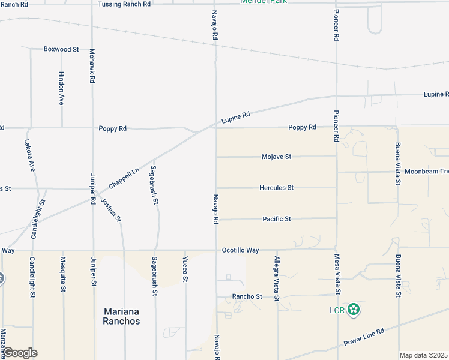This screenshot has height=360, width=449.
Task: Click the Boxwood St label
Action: click(x=61, y=49)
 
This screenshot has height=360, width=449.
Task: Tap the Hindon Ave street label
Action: click(x=61, y=89)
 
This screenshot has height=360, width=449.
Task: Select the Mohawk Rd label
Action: click(x=92, y=67)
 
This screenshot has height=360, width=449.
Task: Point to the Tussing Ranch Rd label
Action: click(x=124, y=4)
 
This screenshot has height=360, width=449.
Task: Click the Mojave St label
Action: click(x=276, y=157)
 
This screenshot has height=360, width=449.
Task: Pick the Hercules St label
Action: click(x=276, y=188)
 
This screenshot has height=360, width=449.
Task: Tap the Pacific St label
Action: click(x=276, y=220)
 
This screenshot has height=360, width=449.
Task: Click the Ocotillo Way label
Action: click(x=240, y=250)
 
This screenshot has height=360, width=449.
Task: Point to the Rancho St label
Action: click(x=247, y=297)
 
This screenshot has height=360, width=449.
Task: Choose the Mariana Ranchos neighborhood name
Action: click(x=122, y=316)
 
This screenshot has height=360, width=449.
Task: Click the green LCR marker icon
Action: click(x=354, y=310)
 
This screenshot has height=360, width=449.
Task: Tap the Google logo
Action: click(x=19, y=353)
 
